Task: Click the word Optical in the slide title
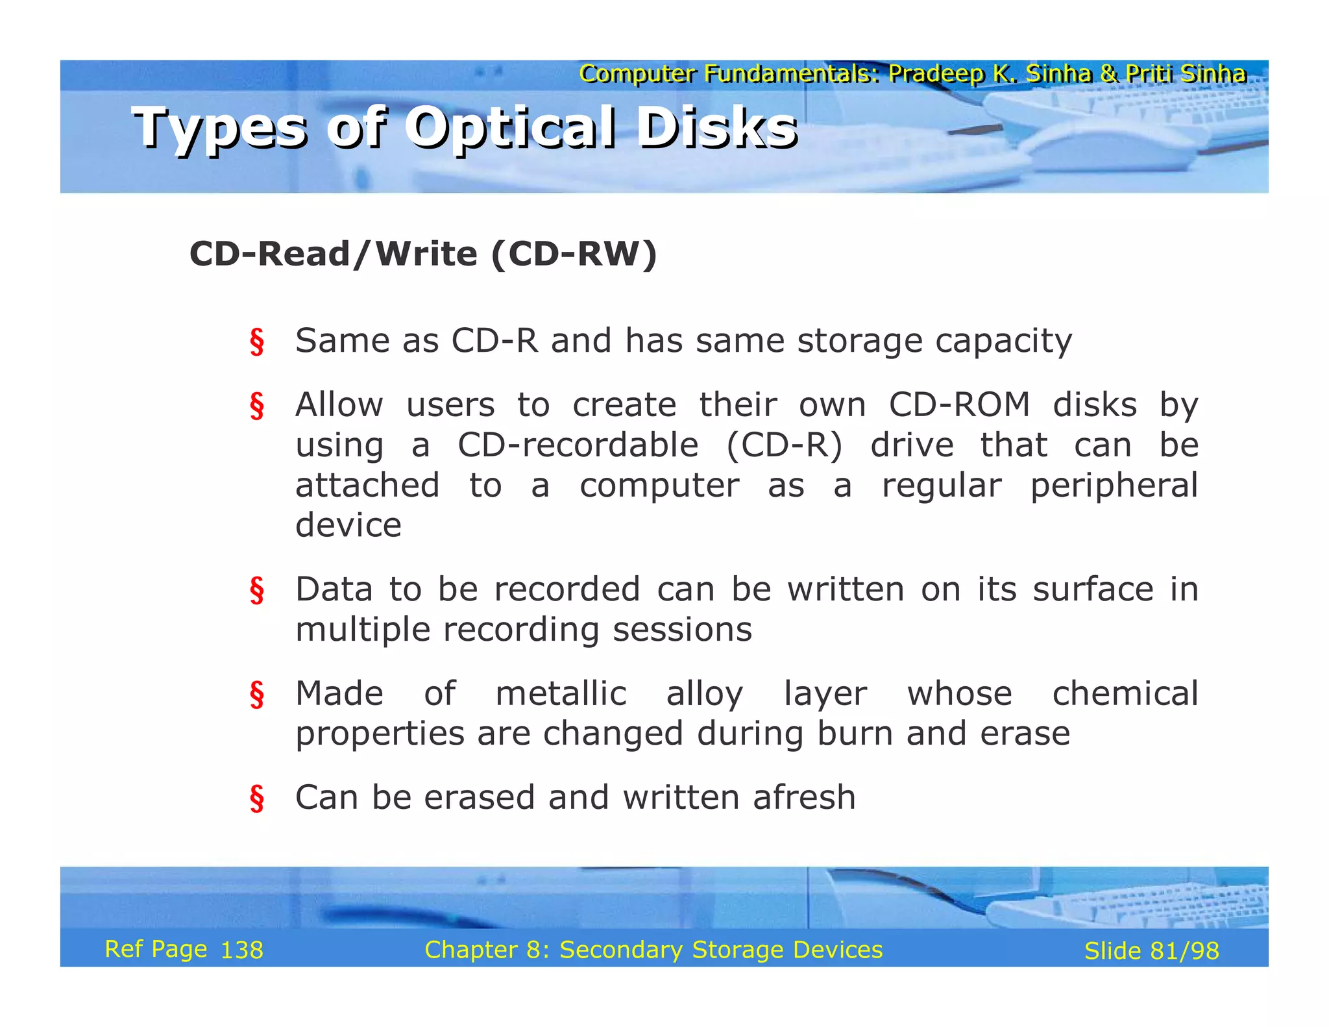click(x=510, y=128)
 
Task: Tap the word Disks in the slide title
click(x=716, y=128)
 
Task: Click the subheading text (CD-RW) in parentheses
click(x=574, y=254)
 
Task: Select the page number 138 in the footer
click(x=241, y=950)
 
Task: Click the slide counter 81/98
click(x=1184, y=951)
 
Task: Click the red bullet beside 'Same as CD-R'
click(x=257, y=342)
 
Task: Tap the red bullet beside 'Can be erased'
click(x=257, y=798)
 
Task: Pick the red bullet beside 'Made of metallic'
click(x=257, y=695)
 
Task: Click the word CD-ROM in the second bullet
click(x=958, y=405)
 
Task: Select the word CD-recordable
click(x=578, y=445)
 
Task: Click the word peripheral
click(x=1114, y=486)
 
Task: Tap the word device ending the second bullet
click(x=348, y=525)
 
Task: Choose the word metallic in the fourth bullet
click(x=561, y=693)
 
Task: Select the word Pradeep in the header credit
click(x=936, y=74)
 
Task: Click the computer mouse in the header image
click(x=1103, y=147)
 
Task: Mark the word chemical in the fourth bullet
click(x=1125, y=693)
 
